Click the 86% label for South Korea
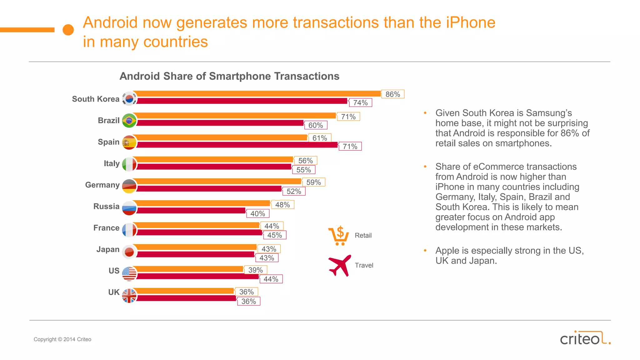click(393, 94)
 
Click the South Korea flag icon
click(129, 99)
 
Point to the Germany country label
click(102, 185)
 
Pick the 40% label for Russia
click(257, 214)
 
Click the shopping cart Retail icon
click(339, 236)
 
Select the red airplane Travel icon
click(340, 265)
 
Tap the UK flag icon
click(129, 296)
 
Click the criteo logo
click(585, 338)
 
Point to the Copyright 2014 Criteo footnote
click(62, 339)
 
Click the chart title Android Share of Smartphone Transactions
click(229, 76)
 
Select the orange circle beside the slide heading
click(68, 30)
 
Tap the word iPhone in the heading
click(471, 22)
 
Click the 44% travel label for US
click(271, 279)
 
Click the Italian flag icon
click(129, 164)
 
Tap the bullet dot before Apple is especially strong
click(425, 251)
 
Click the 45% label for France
click(274, 235)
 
